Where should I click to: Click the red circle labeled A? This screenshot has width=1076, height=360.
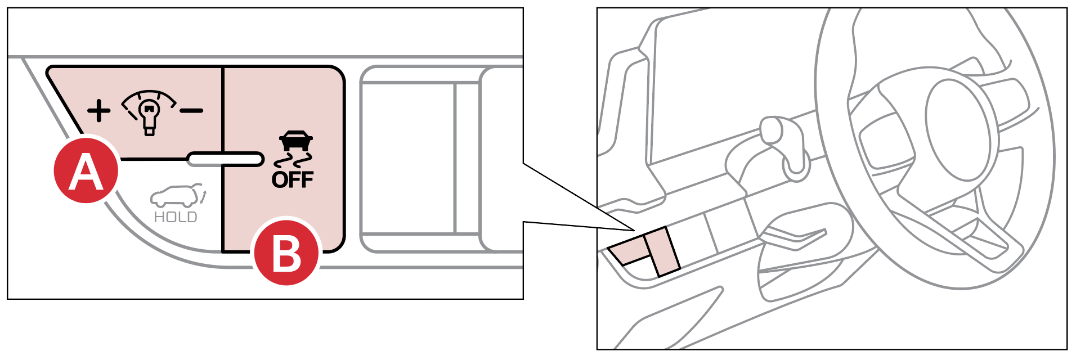point(86,170)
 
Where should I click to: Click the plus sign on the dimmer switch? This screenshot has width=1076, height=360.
point(99,110)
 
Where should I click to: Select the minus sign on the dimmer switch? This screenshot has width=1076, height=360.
point(191,110)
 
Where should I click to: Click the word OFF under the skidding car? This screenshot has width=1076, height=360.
point(293,179)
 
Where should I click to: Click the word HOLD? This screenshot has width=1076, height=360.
point(176,217)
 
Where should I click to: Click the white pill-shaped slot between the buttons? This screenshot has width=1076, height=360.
point(226,159)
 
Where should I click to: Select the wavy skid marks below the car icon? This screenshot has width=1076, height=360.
point(293,160)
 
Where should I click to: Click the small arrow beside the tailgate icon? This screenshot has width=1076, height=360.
point(204,197)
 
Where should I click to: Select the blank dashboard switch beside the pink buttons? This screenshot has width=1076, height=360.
point(691,237)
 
